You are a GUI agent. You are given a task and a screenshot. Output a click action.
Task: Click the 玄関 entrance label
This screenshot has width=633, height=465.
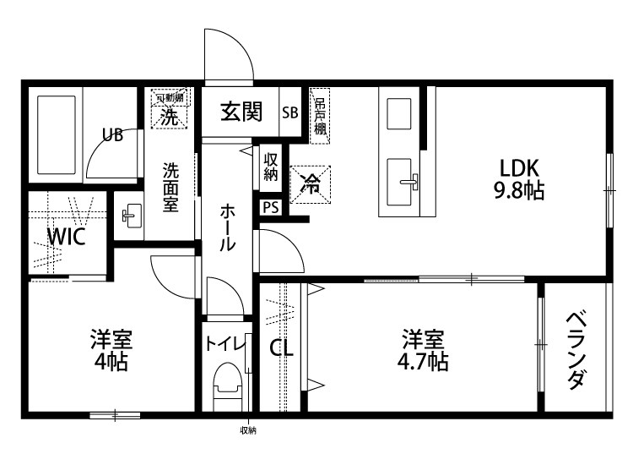tap(241, 112)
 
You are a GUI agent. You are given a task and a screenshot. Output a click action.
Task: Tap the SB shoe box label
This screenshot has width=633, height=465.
tap(289, 112)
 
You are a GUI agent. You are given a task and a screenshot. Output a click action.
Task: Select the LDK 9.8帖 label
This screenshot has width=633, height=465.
tap(517, 178)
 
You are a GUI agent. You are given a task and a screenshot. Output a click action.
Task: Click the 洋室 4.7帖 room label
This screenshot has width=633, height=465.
tap(424, 351)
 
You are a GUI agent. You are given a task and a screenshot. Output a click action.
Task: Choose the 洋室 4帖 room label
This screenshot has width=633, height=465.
tap(111, 351)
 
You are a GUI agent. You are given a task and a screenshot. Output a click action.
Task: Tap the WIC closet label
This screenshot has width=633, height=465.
tap(65, 237)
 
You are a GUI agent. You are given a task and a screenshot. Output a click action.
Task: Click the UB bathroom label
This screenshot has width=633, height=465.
tap(112, 134)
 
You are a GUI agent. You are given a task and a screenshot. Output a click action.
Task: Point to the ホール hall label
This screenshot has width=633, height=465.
tap(228, 226)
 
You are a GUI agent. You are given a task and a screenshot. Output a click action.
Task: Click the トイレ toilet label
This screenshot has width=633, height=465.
tap(225, 344)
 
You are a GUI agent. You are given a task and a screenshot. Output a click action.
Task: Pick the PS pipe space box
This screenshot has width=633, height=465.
tap(271, 207)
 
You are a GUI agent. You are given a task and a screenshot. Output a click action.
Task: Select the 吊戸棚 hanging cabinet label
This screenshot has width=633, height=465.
tap(320, 116)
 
